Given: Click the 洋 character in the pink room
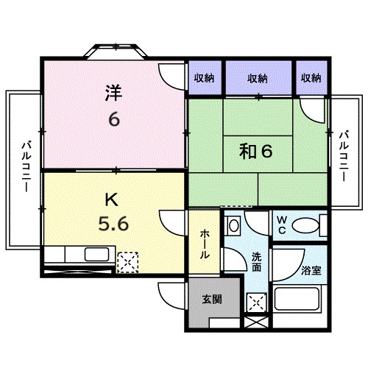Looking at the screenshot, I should tap(113, 93).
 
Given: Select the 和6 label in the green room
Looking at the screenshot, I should tap(255, 152).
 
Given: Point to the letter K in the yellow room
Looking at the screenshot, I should tap(110, 198).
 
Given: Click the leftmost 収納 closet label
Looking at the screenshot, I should tap(205, 78).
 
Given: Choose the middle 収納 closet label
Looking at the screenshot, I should tap(258, 78).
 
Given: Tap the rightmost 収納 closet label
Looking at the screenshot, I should tap(311, 78).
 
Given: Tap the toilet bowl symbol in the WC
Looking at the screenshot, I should tap(305, 224).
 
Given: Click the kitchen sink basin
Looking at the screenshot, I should tap(96, 255).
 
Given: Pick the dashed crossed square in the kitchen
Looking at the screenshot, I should tap(128, 261).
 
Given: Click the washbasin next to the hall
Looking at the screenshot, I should tap(233, 224).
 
